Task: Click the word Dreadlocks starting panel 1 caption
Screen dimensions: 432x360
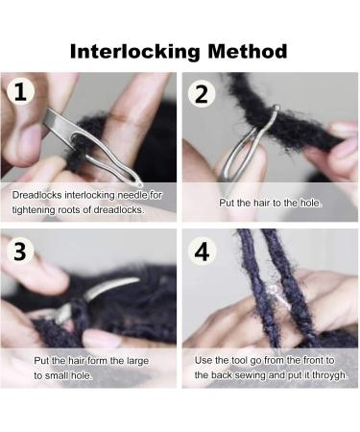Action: coord(37,195)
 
